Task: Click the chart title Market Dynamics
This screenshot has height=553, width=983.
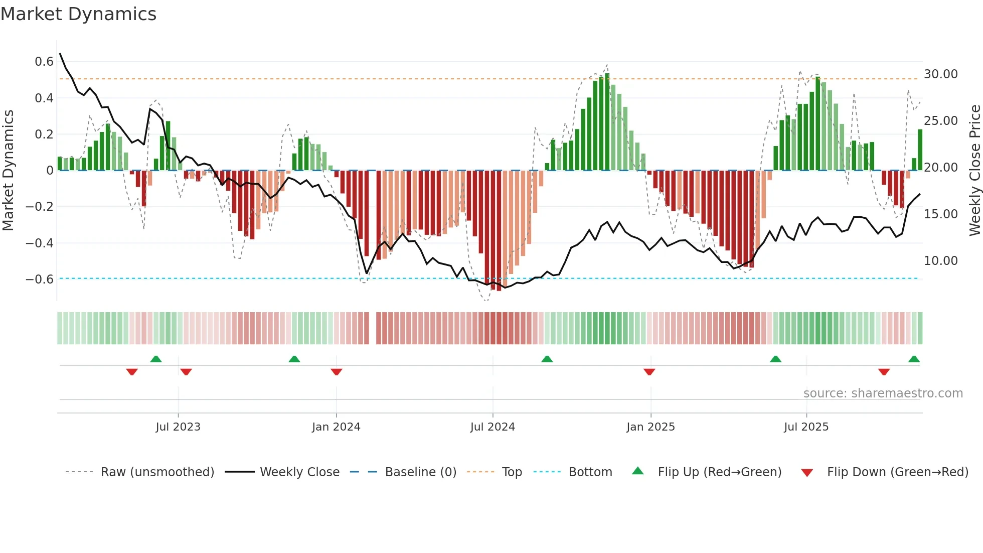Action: (78, 14)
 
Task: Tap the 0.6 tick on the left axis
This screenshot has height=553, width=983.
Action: (44, 62)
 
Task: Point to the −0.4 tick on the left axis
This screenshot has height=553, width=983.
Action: (40, 243)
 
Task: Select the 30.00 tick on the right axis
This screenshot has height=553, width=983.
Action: (940, 74)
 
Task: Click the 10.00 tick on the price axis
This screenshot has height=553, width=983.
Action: (940, 261)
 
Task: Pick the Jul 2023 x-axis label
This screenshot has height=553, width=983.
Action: (178, 427)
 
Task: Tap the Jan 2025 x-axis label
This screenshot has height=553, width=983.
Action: (650, 427)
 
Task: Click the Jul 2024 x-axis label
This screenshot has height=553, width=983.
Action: (493, 427)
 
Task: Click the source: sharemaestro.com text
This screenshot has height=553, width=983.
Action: (883, 393)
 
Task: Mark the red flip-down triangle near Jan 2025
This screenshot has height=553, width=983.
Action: (649, 372)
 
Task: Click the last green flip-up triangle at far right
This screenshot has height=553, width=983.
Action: (914, 359)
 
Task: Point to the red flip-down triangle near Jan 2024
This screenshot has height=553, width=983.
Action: (337, 372)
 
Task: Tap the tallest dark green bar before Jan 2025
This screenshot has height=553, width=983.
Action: (607, 122)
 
